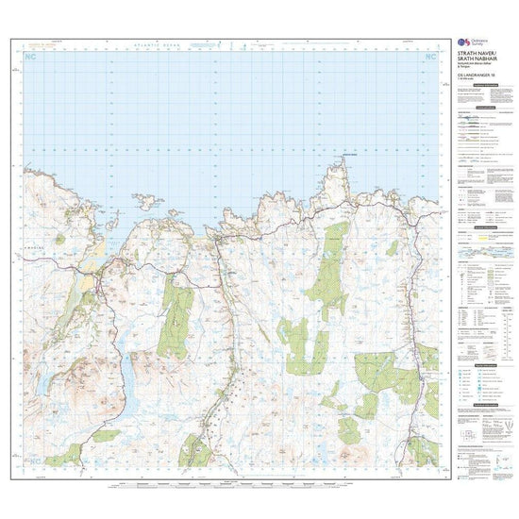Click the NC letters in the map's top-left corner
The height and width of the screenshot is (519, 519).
[x=34, y=58]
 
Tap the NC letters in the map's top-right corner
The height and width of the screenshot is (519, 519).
[x=430, y=58]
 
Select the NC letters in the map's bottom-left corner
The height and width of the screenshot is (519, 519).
[x=34, y=459]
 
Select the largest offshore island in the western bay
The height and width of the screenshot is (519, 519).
[x=150, y=201]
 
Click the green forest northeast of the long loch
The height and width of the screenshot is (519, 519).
[x=176, y=316]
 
